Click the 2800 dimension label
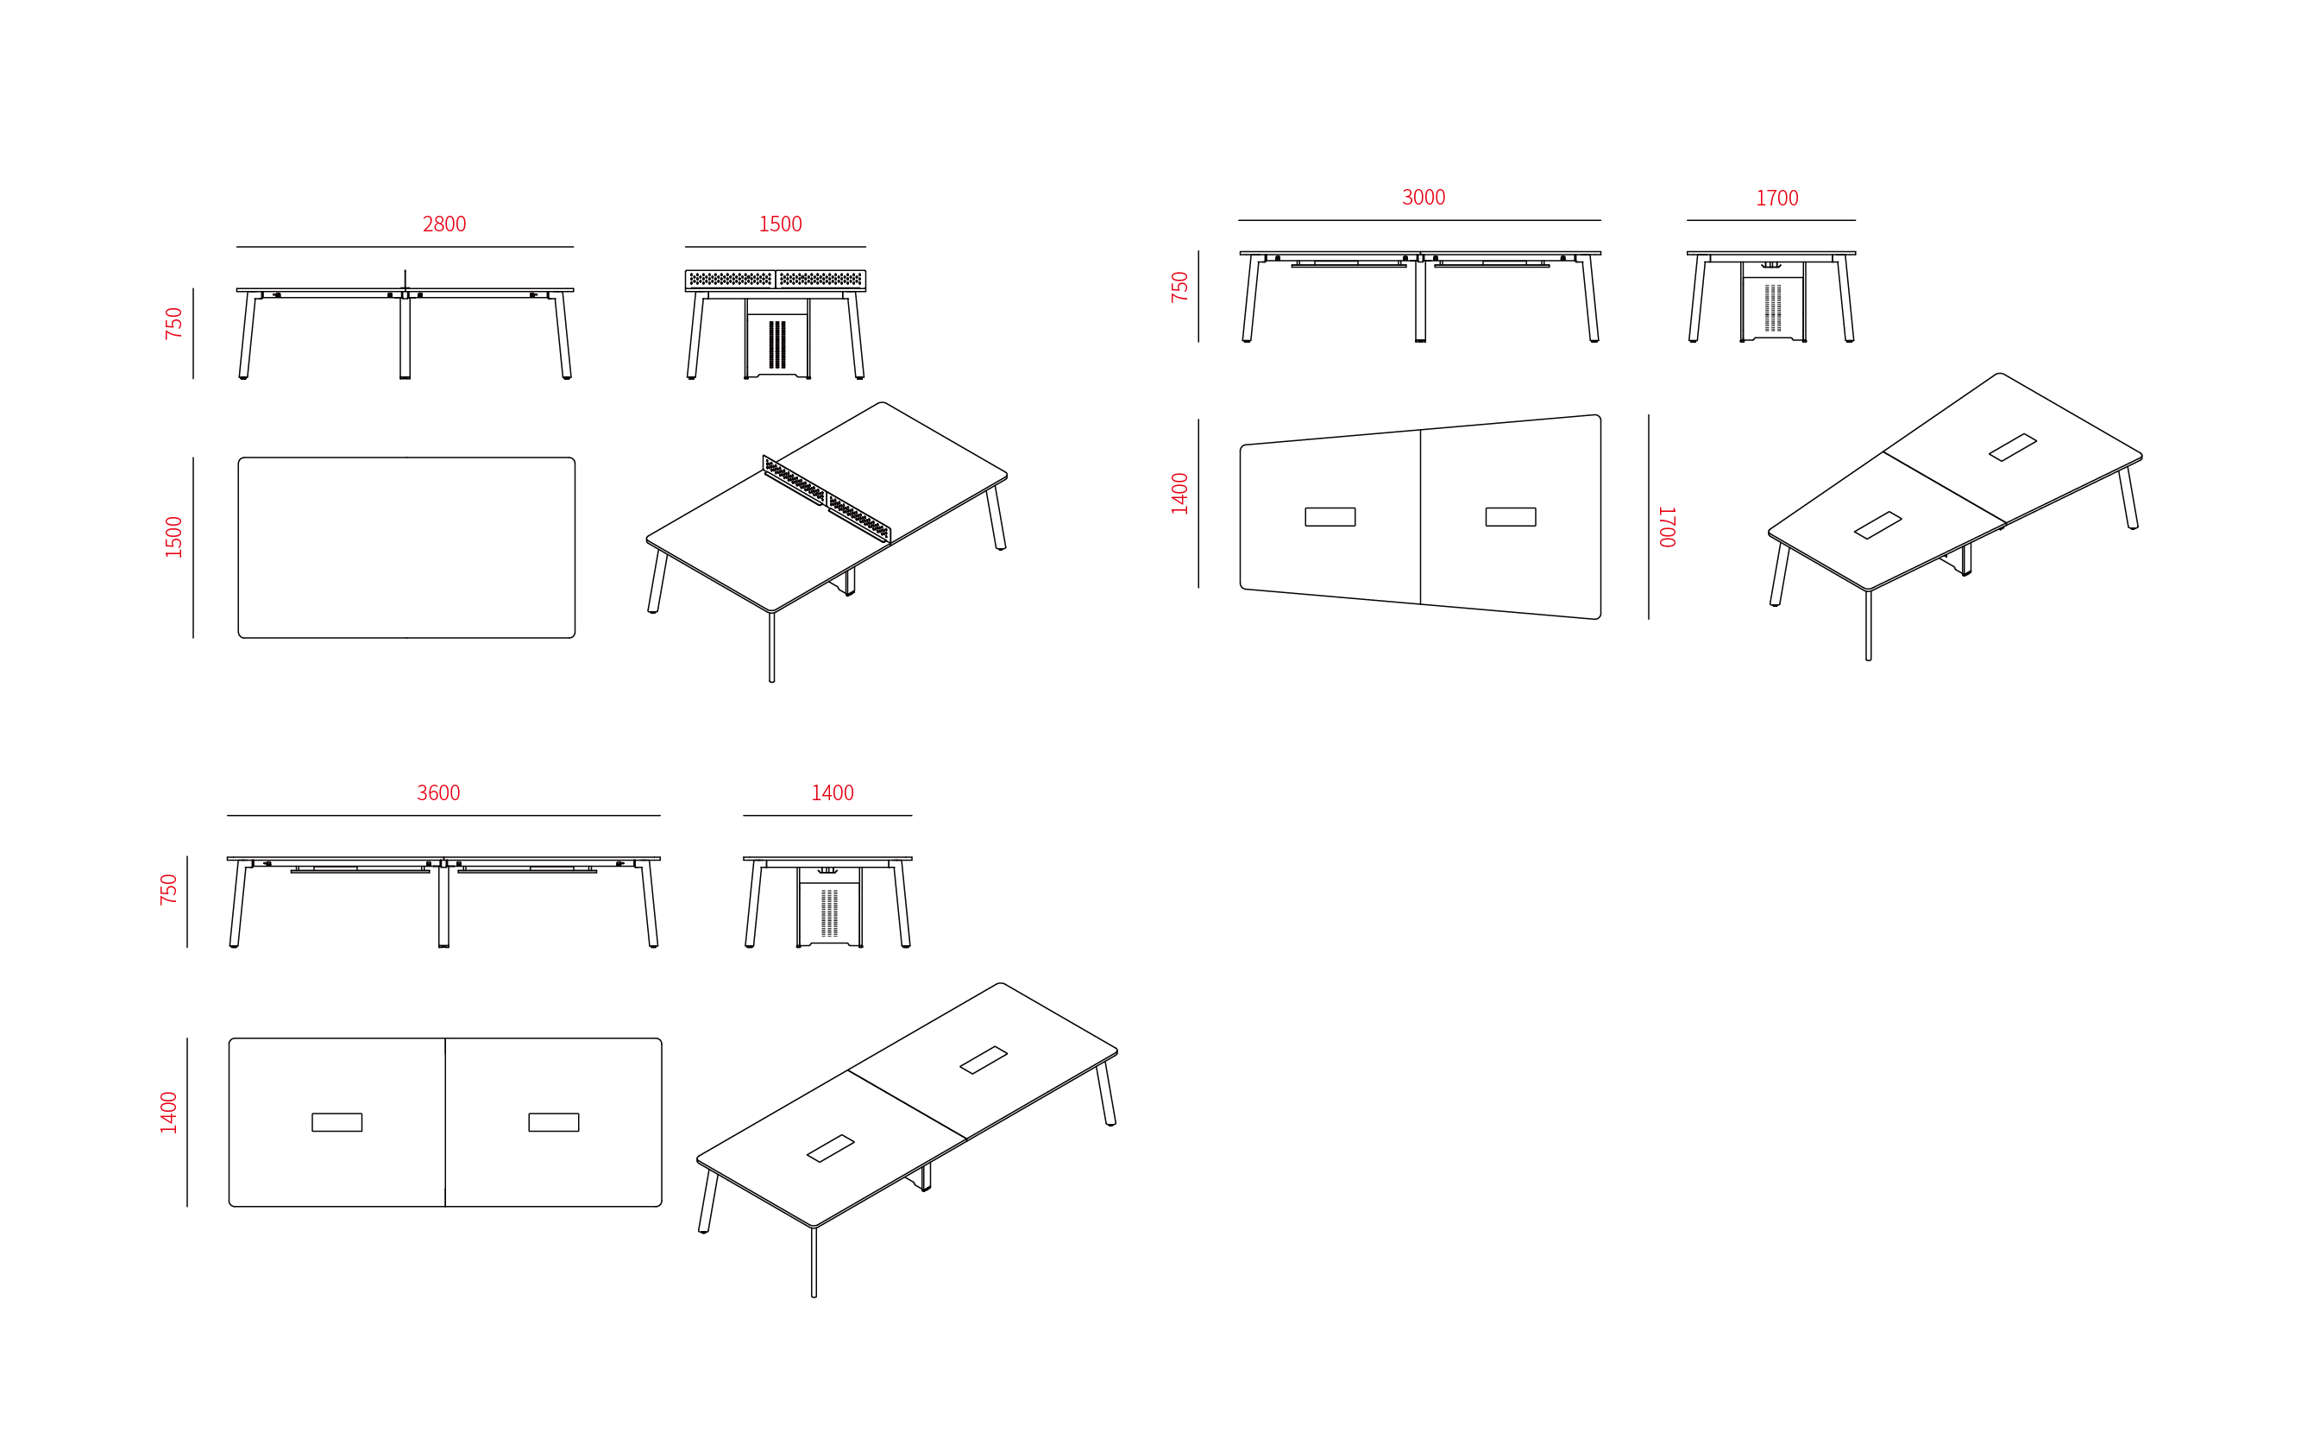pyautogui.click(x=444, y=224)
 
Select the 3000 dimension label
pyautogui.click(x=1423, y=197)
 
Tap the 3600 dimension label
pyautogui.click(x=438, y=792)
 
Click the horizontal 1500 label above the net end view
pyautogui.click(x=780, y=224)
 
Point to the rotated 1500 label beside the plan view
pyautogui.click(x=173, y=537)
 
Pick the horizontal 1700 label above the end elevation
pyautogui.click(x=1777, y=198)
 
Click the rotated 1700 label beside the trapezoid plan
pyautogui.click(x=1667, y=527)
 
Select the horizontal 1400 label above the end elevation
pyautogui.click(x=833, y=792)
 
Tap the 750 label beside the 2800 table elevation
pyautogui.click(x=173, y=323)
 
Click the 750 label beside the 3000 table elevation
pyautogui.click(x=1179, y=287)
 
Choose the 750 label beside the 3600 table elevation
pyautogui.click(x=168, y=889)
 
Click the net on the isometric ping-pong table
pyautogui.click(x=827, y=499)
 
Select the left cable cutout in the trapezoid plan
pyautogui.click(x=1330, y=517)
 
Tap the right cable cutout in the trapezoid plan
pyautogui.click(x=1511, y=517)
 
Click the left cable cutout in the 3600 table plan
pyautogui.click(x=336, y=1122)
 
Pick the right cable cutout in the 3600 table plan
pyautogui.click(x=554, y=1122)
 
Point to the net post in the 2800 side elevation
pyautogui.click(x=406, y=280)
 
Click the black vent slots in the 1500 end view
pyautogui.click(x=777, y=344)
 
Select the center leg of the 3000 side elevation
pyautogui.click(x=1420, y=299)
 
